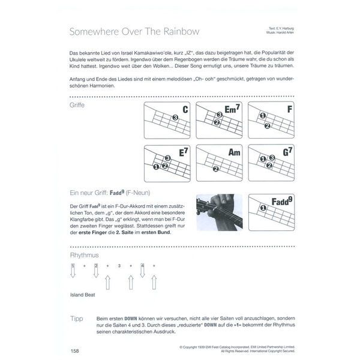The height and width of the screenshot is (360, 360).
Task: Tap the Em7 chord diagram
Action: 220,121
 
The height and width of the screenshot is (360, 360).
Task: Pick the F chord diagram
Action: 271,121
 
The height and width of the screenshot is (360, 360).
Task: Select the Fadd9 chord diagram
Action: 271,212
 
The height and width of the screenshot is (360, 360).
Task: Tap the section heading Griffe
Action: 77,106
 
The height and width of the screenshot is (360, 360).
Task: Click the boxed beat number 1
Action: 73,265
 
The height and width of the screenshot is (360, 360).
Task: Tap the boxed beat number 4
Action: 142,265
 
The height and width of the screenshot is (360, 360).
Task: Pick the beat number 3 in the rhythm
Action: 119,265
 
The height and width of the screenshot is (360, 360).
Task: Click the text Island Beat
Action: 82,295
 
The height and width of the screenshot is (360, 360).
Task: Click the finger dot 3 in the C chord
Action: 174,118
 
